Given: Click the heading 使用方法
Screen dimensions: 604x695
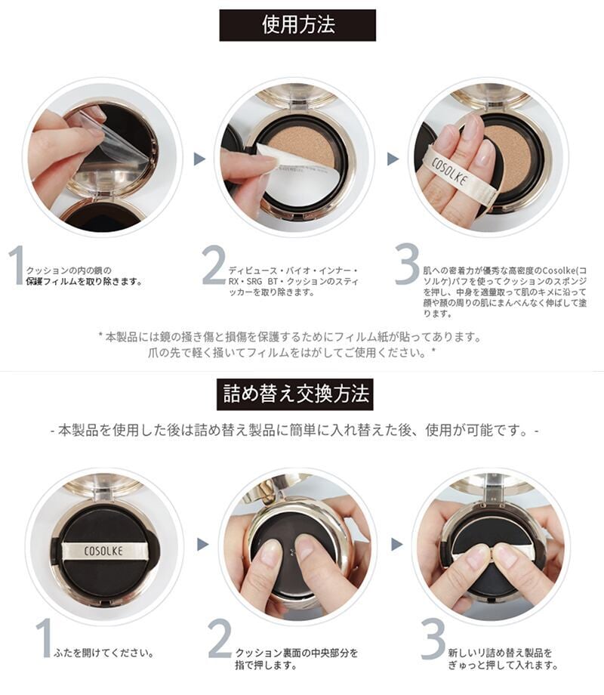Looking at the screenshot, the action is pyautogui.click(x=297, y=25).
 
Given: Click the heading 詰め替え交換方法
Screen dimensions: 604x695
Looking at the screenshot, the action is pyautogui.click(x=295, y=394).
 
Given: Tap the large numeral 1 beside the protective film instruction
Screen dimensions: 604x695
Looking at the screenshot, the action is pyautogui.click(x=17, y=265).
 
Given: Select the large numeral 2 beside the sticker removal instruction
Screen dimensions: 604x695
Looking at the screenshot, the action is pyautogui.click(x=214, y=265).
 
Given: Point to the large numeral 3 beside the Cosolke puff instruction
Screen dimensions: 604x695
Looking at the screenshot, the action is pyautogui.click(x=407, y=264).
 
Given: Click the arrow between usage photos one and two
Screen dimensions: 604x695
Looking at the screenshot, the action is pyautogui.click(x=200, y=158).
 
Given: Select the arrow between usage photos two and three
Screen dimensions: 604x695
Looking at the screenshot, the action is pyautogui.click(x=393, y=159).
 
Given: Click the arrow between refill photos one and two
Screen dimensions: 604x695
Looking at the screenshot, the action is pyautogui.click(x=202, y=545).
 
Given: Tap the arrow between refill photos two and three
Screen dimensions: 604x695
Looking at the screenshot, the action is pyautogui.click(x=396, y=545).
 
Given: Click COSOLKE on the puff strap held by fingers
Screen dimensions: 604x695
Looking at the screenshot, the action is pyautogui.click(x=449, y=171).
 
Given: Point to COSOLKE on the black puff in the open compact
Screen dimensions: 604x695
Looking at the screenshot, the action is pyautogui.click(x=103, y=551).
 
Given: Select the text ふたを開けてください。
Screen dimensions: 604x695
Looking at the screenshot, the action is pyautogui.click(x=104, y=653).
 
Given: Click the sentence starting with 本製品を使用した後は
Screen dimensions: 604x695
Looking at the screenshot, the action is pyautogui.click(x=294, y=431).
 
